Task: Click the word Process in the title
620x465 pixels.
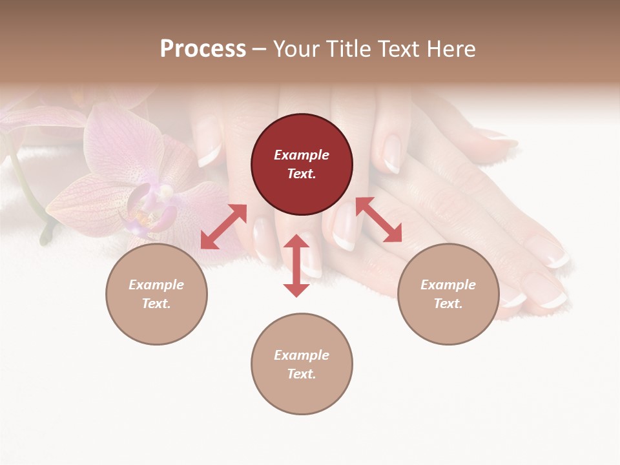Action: (x=203, y=49)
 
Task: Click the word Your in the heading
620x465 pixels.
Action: (x=296, y=49)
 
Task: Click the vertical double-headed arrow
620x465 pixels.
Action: (x=296, y=265)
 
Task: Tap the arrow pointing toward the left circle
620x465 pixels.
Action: (x=223, y=227)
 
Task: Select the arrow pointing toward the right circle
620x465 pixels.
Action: (x=378, y=220)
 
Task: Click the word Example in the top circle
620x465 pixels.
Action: (x=302, y=155)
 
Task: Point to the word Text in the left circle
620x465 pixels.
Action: (x=156, y=304)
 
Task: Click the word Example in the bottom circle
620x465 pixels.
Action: (x=302, y=355)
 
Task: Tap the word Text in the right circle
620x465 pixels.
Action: (x=448, y=304)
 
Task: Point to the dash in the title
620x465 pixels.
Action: (x=259, y=50)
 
